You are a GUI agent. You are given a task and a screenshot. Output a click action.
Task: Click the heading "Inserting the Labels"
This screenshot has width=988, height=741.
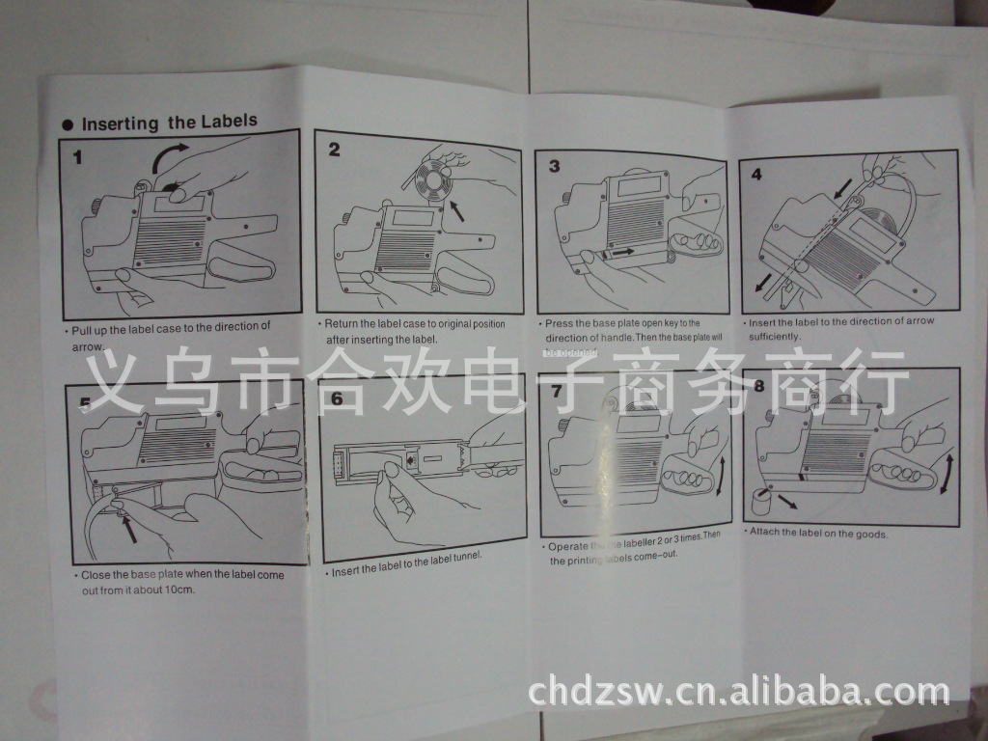tap(169, 123)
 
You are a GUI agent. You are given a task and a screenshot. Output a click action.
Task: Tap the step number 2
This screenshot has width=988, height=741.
tap(335, 150)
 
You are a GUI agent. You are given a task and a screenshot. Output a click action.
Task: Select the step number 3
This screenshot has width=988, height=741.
tap(554, 166)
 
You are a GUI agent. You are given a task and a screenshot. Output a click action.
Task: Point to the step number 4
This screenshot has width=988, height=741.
tap(755, 174)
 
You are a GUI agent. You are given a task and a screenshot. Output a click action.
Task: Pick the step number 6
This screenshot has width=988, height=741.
tap(337, 398)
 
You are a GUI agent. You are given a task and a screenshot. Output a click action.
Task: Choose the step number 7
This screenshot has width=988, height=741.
tap(557, 392)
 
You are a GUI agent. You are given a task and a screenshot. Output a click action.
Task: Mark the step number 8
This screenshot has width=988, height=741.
tap(759, 387)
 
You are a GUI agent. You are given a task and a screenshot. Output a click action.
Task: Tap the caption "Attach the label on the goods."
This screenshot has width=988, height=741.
tap(818, 534)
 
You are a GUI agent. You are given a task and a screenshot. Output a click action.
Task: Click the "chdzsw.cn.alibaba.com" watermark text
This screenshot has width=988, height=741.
tap(739, 692)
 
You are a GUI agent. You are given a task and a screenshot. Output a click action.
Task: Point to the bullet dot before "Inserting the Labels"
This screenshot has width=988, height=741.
tap(67, 124)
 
